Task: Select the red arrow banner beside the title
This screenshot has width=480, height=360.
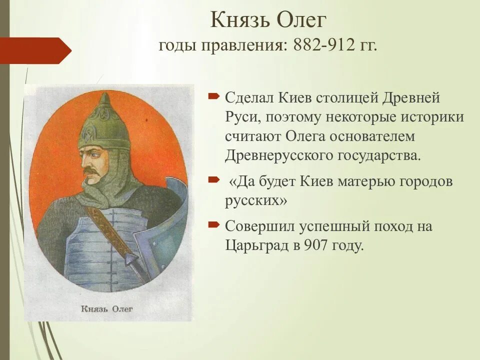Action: click(35, 50)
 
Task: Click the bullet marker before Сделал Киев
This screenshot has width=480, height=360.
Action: click(214, 96)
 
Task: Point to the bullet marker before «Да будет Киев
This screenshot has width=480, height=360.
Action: click(214, 179)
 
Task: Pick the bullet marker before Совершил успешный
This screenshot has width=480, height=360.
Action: click(214, 225)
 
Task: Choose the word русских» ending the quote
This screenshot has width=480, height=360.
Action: click(256, 201)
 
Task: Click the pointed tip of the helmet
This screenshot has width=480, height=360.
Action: click(105, 93)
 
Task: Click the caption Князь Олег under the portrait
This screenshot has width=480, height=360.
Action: click(107, 308)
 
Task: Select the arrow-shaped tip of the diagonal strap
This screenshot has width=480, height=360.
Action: click(131, 258)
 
